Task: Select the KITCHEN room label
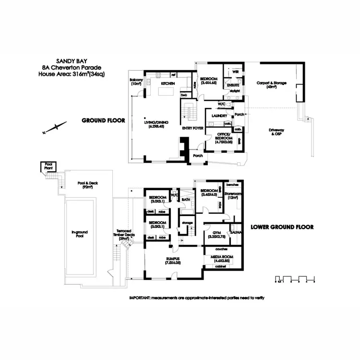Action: pyautogui.click(x=167, y=84)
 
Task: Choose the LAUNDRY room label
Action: pyautogui.click(x=219, y=116)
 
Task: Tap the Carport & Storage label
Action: pyautogui.click(x=271, y=83)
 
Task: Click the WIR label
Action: pyautogui.click(x=235, y=72)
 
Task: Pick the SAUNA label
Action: pyautogui.click(x=235, y=232)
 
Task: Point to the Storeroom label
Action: pyautogui.click(x=232, y=194)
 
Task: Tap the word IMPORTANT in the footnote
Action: pyautogui.click(x=140, y=298)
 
